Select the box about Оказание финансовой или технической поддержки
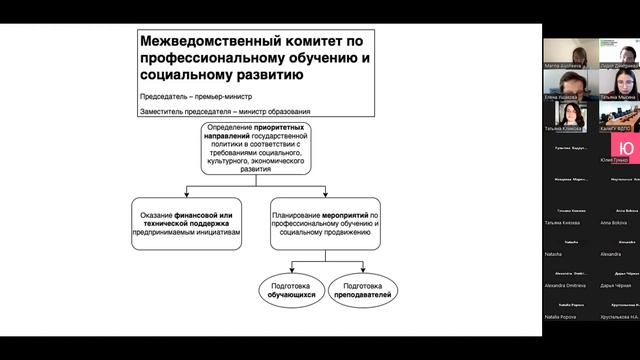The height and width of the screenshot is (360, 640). click(x=187, y=223)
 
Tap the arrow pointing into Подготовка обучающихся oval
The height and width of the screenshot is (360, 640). click(x=290, y=267)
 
